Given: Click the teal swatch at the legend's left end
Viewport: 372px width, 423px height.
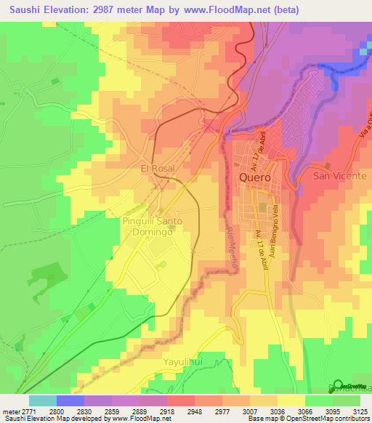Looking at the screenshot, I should (42, 400).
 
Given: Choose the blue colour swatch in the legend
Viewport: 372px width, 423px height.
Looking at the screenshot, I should (70, 400).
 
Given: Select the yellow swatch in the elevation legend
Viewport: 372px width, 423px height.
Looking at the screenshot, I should (291, 400).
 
